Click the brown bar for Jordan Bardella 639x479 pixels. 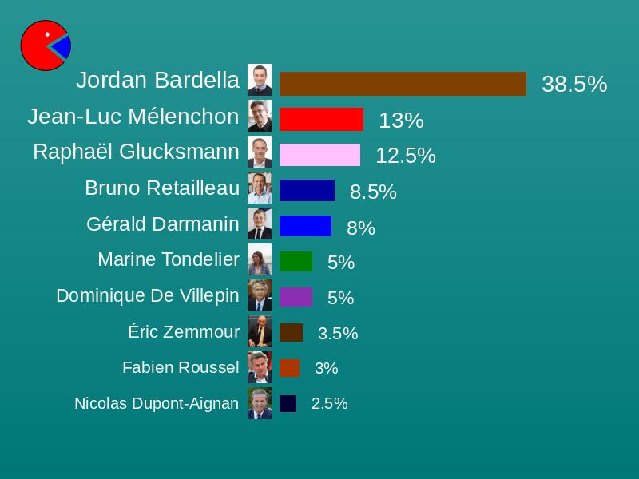pyautogui.click(x=403, y=84)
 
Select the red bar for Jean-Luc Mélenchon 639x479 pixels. pyautogui.click(x=321, y=120)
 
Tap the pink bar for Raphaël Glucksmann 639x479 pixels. pyautogui.click(x=319, y=155)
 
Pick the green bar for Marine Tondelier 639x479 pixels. pyautogui.click(x=296, y=262)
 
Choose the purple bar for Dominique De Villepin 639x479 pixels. pyautogui.click(x=296, y=297)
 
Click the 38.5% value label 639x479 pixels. pyautogui.click(x=574, y=84)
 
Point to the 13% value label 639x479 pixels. pyautogui.click(x=401, y=121)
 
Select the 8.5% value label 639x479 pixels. pyautogui.click(x=373, y=192)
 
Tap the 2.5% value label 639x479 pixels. pyautogui.click(x=329, y=403)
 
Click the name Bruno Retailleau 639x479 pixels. pyautogui.click(x=162, y=188)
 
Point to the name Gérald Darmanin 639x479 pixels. pyautogui.click(x=163, y=224)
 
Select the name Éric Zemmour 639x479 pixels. pyautogui.click(x=184, y=331)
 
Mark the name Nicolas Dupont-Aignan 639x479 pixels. pyautogui.click(x=157, y=403)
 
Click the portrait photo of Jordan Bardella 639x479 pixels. pyautogui.click(x=260, y=80)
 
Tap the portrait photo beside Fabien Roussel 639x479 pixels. pyautogui.click(x=260, y=367)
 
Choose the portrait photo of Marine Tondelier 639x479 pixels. pyautogui.click(x=260, y=260)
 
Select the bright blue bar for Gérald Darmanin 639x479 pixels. pyautogui.click(x=305, y=226)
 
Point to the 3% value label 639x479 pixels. pyautogui.click(x=326, y=368)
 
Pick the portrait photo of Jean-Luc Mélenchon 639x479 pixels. pyautogui.click(x=260, y=116)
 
